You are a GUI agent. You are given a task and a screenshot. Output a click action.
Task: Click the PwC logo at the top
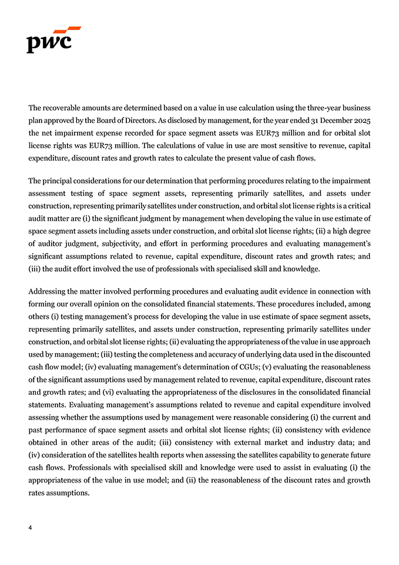click(53, 39)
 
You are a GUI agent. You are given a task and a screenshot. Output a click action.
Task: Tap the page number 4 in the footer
click(30, 527)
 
